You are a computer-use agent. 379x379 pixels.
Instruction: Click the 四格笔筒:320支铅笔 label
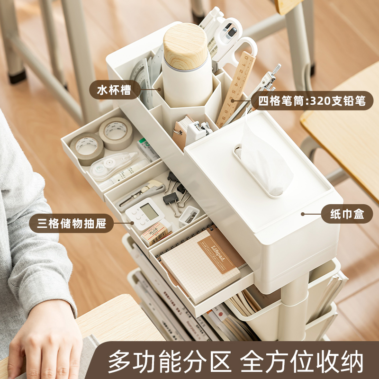click(312, 100)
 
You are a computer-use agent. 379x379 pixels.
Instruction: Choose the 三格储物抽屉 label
click(71, 223)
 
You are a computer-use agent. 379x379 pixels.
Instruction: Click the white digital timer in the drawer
click(145, 213)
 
